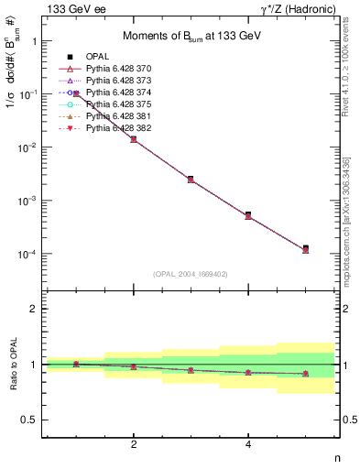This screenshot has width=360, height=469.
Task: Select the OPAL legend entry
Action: coord(101,58)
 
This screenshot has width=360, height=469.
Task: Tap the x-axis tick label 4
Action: coord(248,444)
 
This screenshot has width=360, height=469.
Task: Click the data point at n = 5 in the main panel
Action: coord(305,249)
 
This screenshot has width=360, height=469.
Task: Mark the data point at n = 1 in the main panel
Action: coord(76,93)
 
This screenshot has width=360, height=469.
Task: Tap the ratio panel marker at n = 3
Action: coord(191,370)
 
